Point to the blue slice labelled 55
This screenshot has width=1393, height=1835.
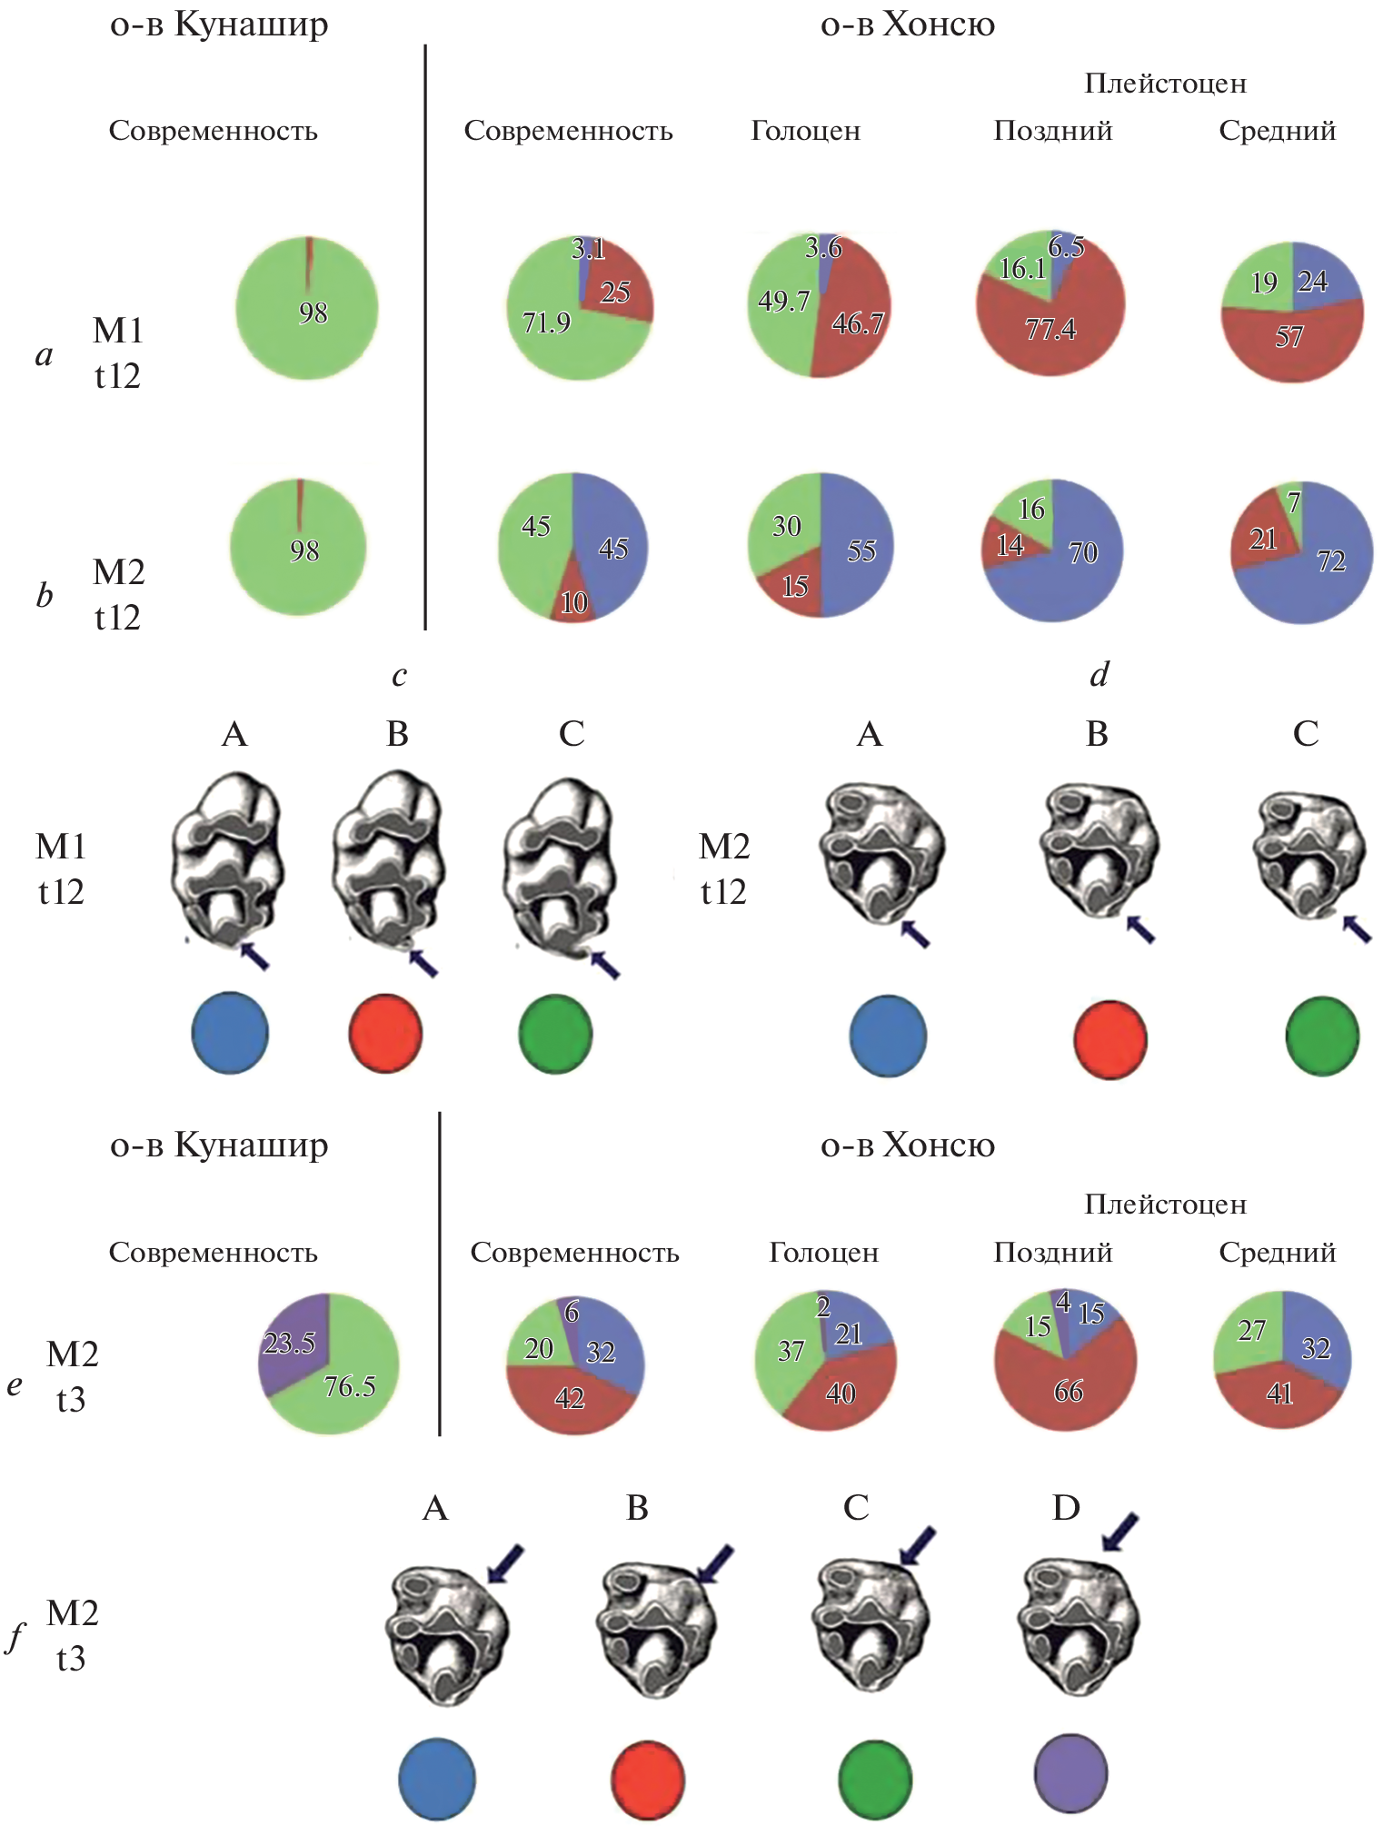859,549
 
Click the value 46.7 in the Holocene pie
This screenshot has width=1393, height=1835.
857,322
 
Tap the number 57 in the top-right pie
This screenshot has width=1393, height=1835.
1289,337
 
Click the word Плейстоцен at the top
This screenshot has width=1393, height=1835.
1165,84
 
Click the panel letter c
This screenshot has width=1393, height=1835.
399,675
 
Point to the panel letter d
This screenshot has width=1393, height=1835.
1099,674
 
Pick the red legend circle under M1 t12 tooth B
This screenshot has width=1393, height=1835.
385,1033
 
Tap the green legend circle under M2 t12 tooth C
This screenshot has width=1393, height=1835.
1322,1036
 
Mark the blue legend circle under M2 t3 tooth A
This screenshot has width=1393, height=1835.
437,1778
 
